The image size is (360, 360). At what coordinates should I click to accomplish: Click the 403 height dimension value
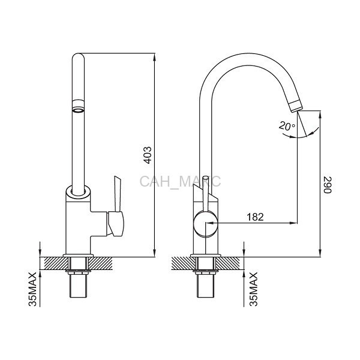pyautogui.click(x=148, y=155)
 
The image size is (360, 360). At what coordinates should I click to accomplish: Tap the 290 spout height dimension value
pyautogui.click(x=328, y=185)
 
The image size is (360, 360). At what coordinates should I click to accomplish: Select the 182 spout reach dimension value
pyautogui.click(x=256, y=217)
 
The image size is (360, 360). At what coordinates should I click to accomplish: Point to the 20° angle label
pyautogui.click(x=287, y=126)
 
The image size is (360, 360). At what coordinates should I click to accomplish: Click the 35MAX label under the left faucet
pyautogui.click(x=32, y=289)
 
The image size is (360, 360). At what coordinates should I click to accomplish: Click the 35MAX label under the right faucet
pyautogui.click(x=254, y=289)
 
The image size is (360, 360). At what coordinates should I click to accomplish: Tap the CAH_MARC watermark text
pyautogui.click(x=180, y=181)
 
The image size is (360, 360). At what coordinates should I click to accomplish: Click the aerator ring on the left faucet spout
pyautogui.click(x=78, y=106)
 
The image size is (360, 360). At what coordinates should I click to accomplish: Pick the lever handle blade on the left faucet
pyautogui.click(x=118, y=194)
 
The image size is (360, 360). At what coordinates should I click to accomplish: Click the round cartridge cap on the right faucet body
pyautogui.click(x=205, y=223)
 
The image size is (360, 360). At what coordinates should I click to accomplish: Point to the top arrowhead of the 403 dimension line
pyautogui.click(x=155, y=57)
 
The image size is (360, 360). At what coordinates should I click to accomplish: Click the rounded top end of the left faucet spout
pyautogui.click(x=78, y=57)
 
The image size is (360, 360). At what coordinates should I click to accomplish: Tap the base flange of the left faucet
pyautogui.click(x=78, y=256)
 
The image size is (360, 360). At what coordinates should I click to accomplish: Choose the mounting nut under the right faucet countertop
pyautogui.click(x=205, y=272)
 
